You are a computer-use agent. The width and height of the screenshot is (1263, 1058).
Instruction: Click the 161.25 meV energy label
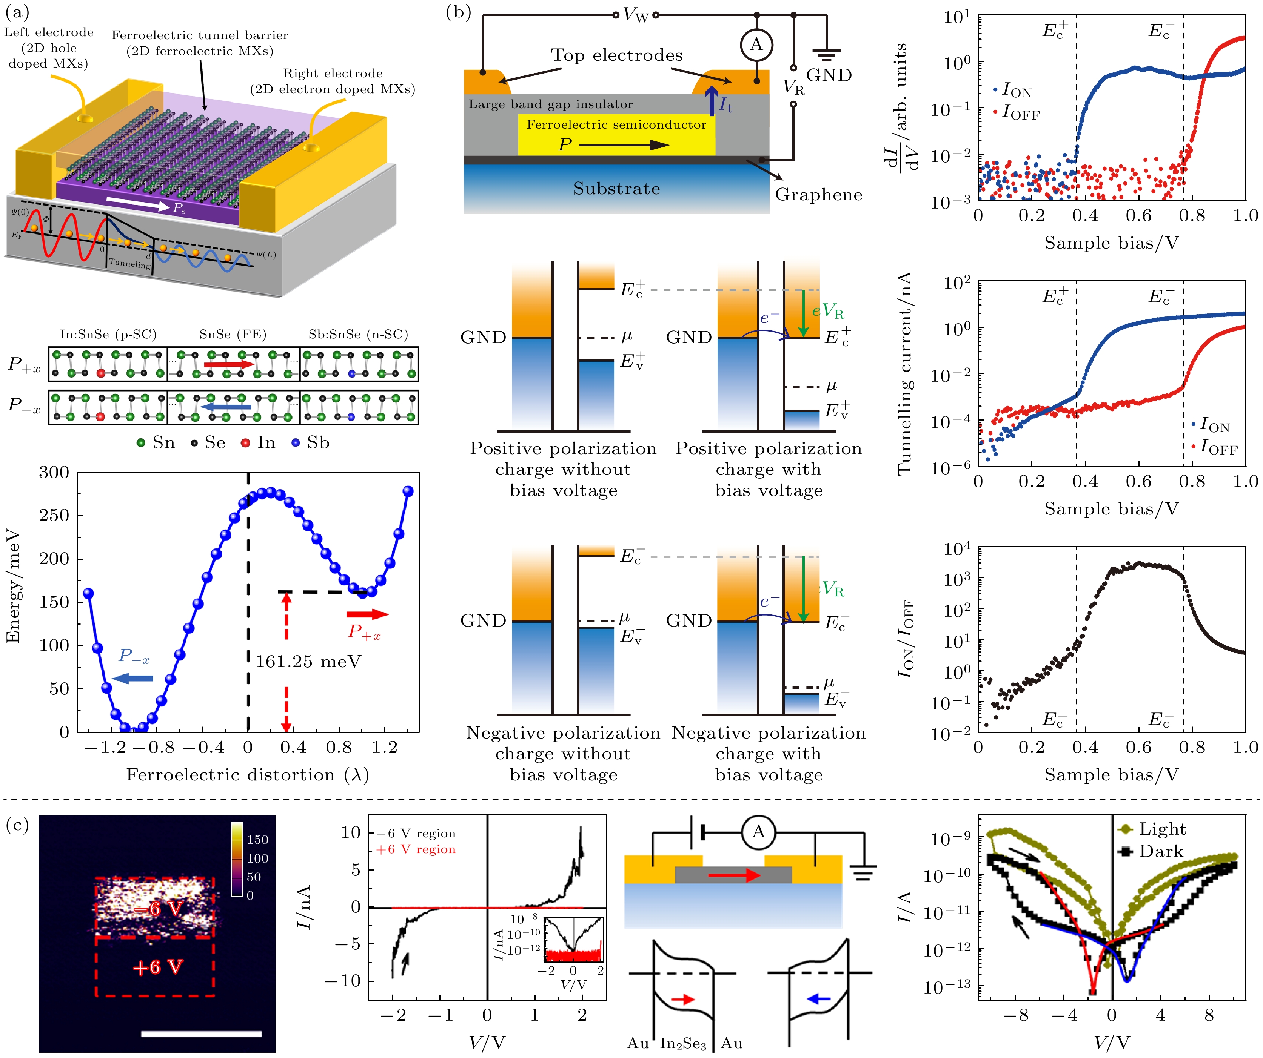308,662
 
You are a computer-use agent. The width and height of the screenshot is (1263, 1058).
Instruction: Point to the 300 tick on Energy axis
54,473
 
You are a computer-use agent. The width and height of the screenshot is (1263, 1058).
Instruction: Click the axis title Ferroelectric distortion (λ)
247,775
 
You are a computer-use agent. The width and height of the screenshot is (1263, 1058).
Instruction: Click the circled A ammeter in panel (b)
756,45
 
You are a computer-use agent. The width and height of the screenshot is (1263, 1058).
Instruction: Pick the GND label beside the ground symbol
829,76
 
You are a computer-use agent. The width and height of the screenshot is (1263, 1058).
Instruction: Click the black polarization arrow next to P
624,145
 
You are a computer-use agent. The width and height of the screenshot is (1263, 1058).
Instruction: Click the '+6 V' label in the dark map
157,967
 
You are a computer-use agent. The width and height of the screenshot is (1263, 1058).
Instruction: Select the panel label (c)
17,825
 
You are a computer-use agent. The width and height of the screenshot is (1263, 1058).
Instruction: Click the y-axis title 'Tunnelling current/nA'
904,373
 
